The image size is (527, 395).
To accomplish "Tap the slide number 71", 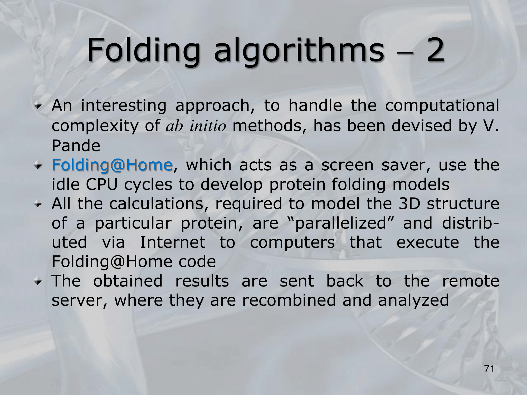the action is tap(489, 369).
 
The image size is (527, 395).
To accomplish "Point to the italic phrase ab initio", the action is tap(196, 126).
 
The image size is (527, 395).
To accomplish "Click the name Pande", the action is tap(76, 146).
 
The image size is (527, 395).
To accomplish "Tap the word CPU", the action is tap(102, 185).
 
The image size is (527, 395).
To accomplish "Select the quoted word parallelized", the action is tap(340, 224).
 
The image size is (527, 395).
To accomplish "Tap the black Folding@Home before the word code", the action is tap(112, 262).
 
